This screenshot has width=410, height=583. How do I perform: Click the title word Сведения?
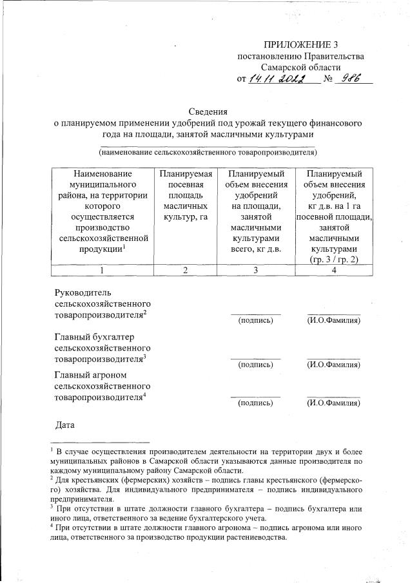point(206,111)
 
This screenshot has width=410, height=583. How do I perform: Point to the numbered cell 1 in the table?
point(103,270)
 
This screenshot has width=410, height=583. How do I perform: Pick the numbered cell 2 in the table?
point(184,270)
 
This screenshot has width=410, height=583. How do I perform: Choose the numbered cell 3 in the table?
point(255,270)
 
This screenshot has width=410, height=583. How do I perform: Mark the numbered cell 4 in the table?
point(334,270)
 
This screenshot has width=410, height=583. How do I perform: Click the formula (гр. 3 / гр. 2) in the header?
point(334,258)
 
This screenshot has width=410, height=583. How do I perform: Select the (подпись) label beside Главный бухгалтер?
point(256,365)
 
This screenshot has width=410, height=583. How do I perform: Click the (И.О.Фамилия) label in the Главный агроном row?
point(333,404)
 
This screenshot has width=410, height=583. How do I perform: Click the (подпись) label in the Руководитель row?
point(256,320)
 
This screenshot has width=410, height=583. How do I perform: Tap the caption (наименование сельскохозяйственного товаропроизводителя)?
point(207,152)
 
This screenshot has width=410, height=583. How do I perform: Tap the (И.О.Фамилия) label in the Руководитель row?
point(333,320)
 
